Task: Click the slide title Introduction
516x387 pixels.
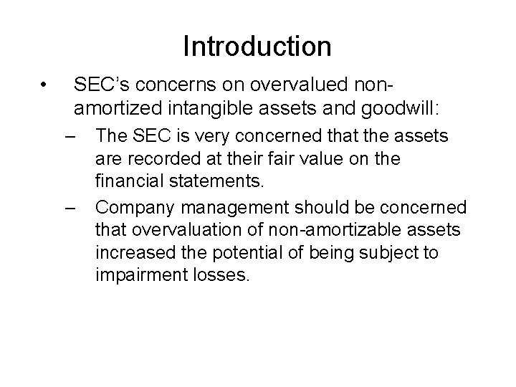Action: coord(257,47)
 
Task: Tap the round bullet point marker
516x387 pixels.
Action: coord(44,86)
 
